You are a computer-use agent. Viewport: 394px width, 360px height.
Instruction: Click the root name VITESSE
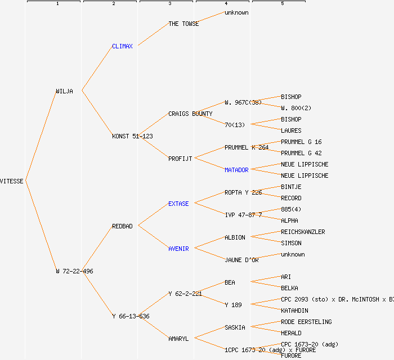(x=12, y=181)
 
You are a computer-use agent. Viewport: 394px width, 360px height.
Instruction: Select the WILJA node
(x=64, y=91)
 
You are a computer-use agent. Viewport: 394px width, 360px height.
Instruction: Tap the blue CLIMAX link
(x=122, y=46)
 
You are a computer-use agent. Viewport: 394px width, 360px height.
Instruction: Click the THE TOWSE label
(x=183, y=24)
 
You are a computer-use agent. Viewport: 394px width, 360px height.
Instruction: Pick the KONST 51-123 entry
(x=132, y=136)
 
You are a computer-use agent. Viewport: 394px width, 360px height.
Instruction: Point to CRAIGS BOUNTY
(x=190, y=114)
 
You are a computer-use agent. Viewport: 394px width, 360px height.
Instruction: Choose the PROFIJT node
(x=180, y=159)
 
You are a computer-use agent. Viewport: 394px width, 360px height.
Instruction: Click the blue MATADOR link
(x=236, y=170)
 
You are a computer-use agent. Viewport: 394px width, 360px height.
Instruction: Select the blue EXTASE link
(x=178, y=204)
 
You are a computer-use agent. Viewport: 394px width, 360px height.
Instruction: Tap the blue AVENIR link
(x=178, y=249)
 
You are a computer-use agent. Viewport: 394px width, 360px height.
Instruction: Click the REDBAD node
(x=122, y=226)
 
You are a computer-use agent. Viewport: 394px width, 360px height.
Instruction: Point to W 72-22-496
(x=74, y=271)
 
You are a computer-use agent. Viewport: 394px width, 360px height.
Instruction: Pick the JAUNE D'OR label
(x=241, y=260)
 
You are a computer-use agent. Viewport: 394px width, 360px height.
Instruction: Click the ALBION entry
(x=235, y=237)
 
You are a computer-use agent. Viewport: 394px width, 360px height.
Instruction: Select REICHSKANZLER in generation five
(x=303, y=232)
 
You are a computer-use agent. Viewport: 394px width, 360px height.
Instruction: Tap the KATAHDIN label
(x=294, y=310)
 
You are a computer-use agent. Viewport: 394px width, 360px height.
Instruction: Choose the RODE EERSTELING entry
(x=306, y=322)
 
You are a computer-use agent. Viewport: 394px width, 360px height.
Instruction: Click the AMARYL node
(x=178, y=339)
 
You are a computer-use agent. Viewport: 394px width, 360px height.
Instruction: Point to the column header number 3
(x=169, y=4)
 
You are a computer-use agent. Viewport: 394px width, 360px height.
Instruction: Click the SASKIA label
(x=235, y=327)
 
